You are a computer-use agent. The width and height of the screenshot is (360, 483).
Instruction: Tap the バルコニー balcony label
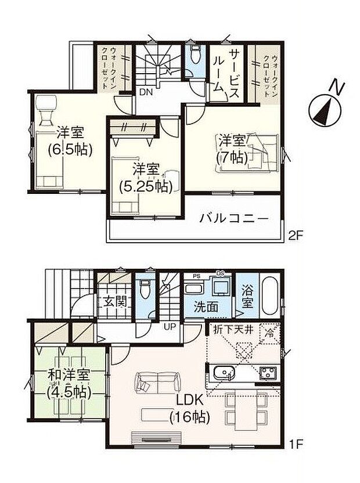coord(234,219)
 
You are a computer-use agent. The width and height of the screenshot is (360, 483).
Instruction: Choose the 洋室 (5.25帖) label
coord(145,178)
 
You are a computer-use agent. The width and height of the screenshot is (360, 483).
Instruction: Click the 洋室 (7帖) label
coord(232,148)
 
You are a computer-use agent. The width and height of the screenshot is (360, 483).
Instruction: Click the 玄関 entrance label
coord(115,301)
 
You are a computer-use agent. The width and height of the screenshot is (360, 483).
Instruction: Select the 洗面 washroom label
coord(206,307)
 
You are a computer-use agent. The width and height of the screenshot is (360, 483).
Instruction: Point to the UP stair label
coord(171,326)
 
